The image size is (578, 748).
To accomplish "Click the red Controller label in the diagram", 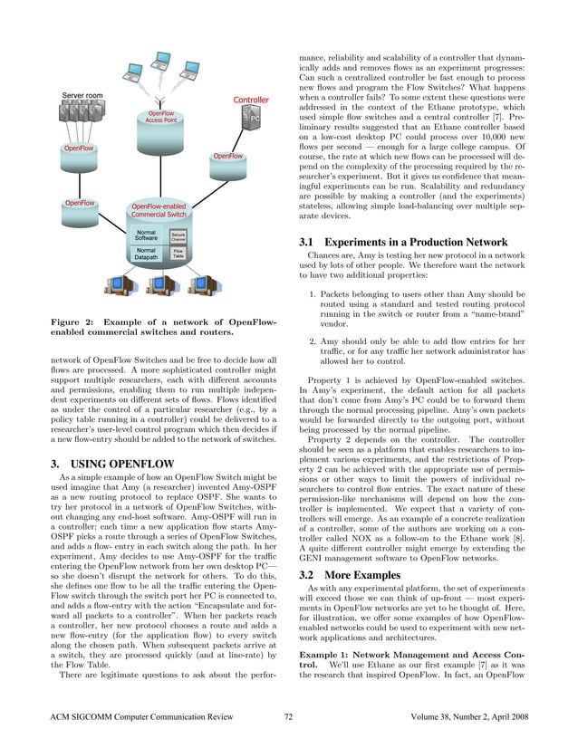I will pos(251,100).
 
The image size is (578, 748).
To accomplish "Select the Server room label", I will pos(82,96).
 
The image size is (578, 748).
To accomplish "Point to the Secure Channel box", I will pos(178,237).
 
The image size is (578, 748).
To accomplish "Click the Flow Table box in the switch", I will pos(178,255).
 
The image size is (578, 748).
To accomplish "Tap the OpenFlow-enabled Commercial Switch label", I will pos(159,210).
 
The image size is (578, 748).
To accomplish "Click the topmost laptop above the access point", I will pos(162,62).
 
